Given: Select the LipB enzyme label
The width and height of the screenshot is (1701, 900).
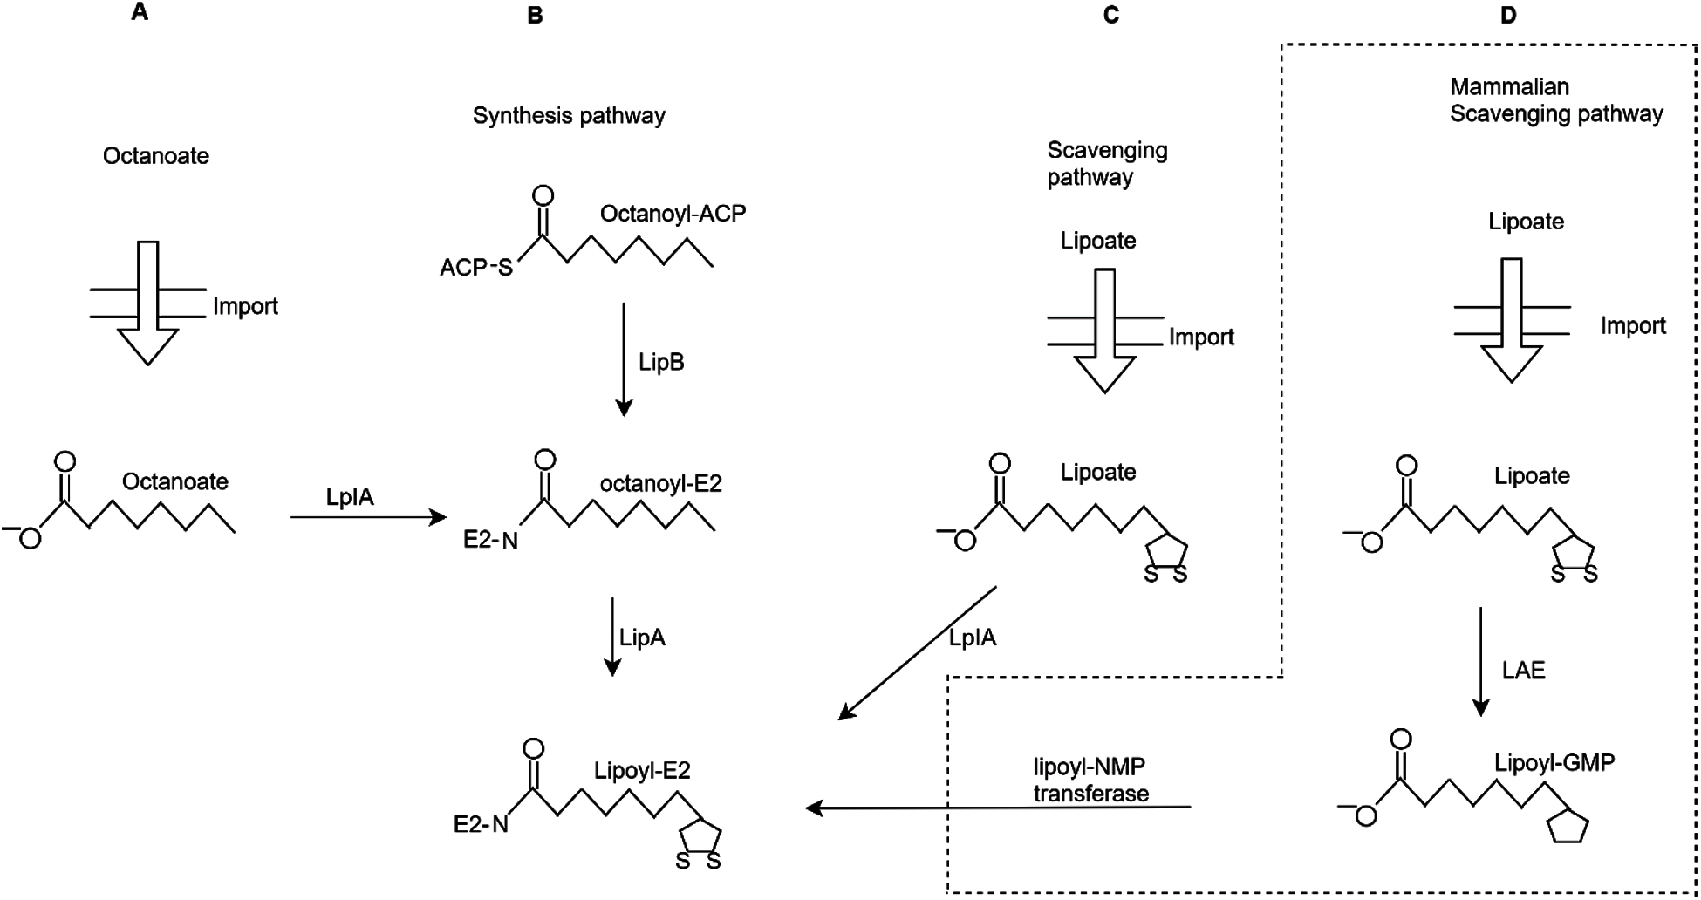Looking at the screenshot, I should pos(661,362).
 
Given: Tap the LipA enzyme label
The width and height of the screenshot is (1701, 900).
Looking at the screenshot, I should pos(642,637).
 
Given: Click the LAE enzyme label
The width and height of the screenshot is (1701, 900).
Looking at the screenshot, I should pos(1523,670).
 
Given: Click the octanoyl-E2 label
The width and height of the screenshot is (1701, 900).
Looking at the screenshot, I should pos(660,484).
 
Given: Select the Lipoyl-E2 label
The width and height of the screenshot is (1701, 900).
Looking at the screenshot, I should pos(642,770).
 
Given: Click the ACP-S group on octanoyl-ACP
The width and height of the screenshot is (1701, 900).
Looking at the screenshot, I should pos(476,267).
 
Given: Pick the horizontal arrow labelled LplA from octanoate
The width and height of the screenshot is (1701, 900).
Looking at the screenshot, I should pos(369,517).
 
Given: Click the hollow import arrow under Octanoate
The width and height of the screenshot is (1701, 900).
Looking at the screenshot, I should pos(148,304).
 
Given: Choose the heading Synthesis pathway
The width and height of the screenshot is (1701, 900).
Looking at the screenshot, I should pos(569,116).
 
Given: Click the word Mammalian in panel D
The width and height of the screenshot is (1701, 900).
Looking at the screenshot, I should pos(1509,86).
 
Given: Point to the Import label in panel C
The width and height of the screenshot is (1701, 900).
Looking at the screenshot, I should pos(1200,337).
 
